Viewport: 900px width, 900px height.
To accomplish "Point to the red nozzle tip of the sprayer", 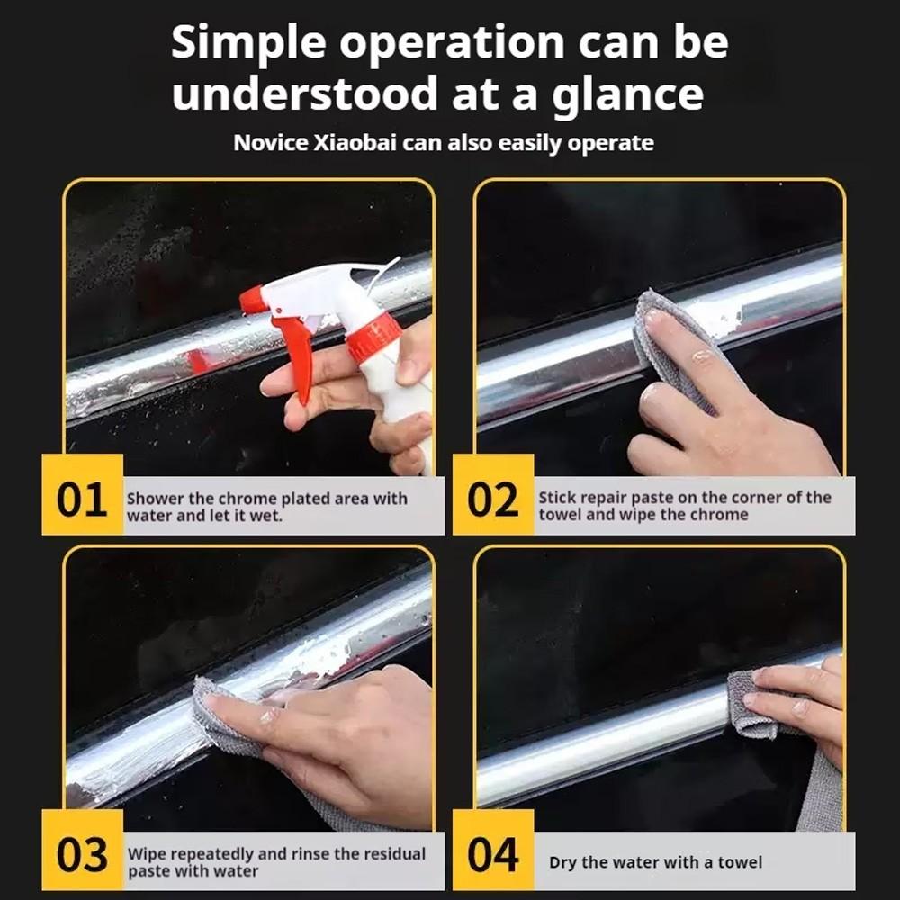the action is click(x=251, y=301).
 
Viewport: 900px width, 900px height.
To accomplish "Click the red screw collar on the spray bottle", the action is click(x=374, y=338).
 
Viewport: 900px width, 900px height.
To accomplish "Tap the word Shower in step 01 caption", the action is click(x=155, y=499).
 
